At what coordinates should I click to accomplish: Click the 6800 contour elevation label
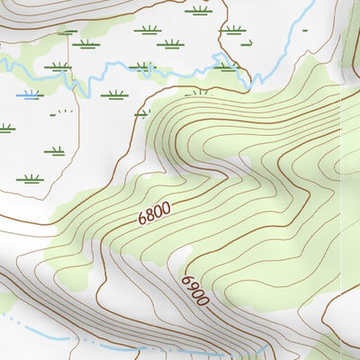(154, 212)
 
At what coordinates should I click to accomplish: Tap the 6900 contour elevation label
(195, 291)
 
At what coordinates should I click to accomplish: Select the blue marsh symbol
(31, 94)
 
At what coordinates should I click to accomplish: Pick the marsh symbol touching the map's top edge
(199, 11)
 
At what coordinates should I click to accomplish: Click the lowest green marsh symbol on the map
(31, 178)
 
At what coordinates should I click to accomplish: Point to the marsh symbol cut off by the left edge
(5, 129)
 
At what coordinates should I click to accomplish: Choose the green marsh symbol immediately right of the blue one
(113, 94)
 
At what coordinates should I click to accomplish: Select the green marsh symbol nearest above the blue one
(58, 66)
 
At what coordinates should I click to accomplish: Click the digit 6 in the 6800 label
(142, 219)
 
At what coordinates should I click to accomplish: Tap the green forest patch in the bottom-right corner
(337, 346)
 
